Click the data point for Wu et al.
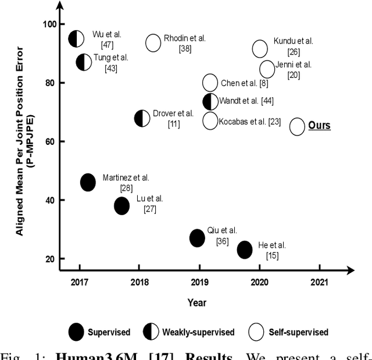[x=76, y=39]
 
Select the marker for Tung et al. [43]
[x=84, y=62]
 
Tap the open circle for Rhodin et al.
[x=153, y=42]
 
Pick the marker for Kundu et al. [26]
[x=260, y=49]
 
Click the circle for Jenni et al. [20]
[x=267, y=69]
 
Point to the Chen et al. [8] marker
[x=210, y=83]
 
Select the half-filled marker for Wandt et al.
[x=210, y=101]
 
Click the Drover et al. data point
[x=142, y=118]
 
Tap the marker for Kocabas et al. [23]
[x=210, y=121]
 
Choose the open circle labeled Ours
[x=297, y=126]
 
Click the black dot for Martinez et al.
[x=88, y=182]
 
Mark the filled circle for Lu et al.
[x=121, y=205]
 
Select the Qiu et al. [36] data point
[x=198, y=238]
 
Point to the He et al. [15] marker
[x=245, y=249]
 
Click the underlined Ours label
[x=319, y=126]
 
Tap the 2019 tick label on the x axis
[x=199, y=283]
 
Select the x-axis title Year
[x=196, y=302]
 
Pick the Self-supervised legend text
[x=298, y=333]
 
